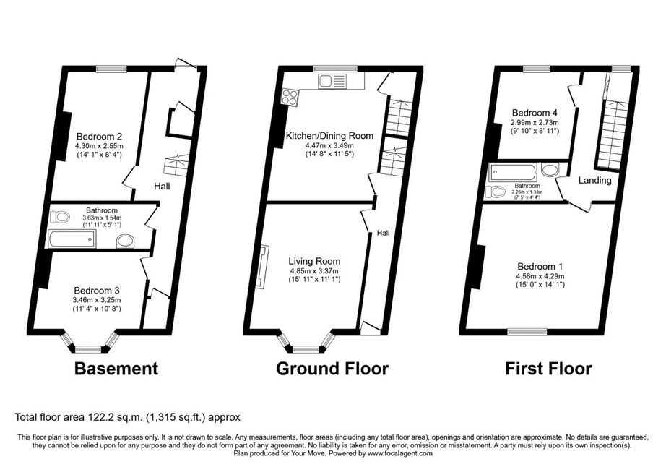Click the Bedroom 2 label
100,137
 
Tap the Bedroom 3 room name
97,291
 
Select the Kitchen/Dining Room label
329,136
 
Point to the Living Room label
314,262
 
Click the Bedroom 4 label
535,113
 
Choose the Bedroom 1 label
540,267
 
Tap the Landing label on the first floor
595,180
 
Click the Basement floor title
116,369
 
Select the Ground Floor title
332,369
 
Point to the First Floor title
548,369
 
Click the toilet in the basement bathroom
59,217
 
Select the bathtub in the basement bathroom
72,239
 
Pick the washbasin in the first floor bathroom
551,171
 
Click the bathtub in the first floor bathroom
513,173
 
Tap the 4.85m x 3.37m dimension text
314,271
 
